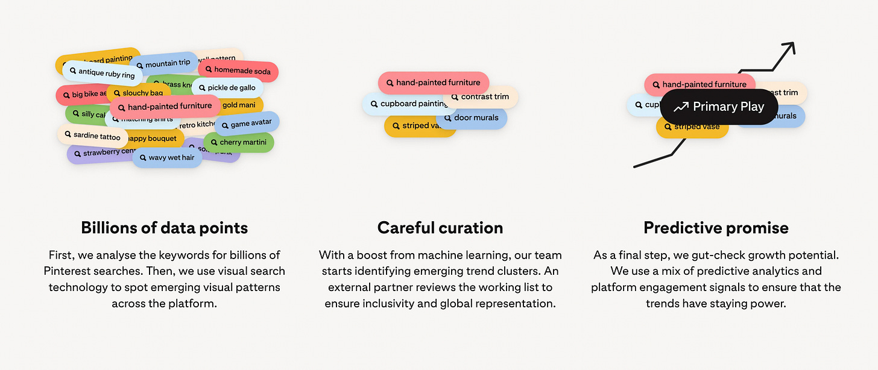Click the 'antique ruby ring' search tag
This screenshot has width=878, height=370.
click(102, 73)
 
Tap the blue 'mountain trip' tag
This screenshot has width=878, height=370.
click(163, 63)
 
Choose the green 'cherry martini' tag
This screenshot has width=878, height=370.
click(239, 142)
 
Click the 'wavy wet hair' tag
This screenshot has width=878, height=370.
click(167, 158)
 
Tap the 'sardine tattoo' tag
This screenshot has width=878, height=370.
click(92, 136)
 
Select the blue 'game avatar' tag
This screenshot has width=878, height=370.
click(247, 124)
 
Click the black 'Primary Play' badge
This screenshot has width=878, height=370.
click(719, 107)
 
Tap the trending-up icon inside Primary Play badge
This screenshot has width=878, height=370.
click(681, 107)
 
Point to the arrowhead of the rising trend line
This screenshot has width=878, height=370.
click(791, 47)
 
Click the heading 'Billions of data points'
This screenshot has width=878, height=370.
click(165, 228)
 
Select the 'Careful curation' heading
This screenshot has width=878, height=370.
click(440, 228)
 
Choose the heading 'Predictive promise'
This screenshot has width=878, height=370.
click(716, 228)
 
